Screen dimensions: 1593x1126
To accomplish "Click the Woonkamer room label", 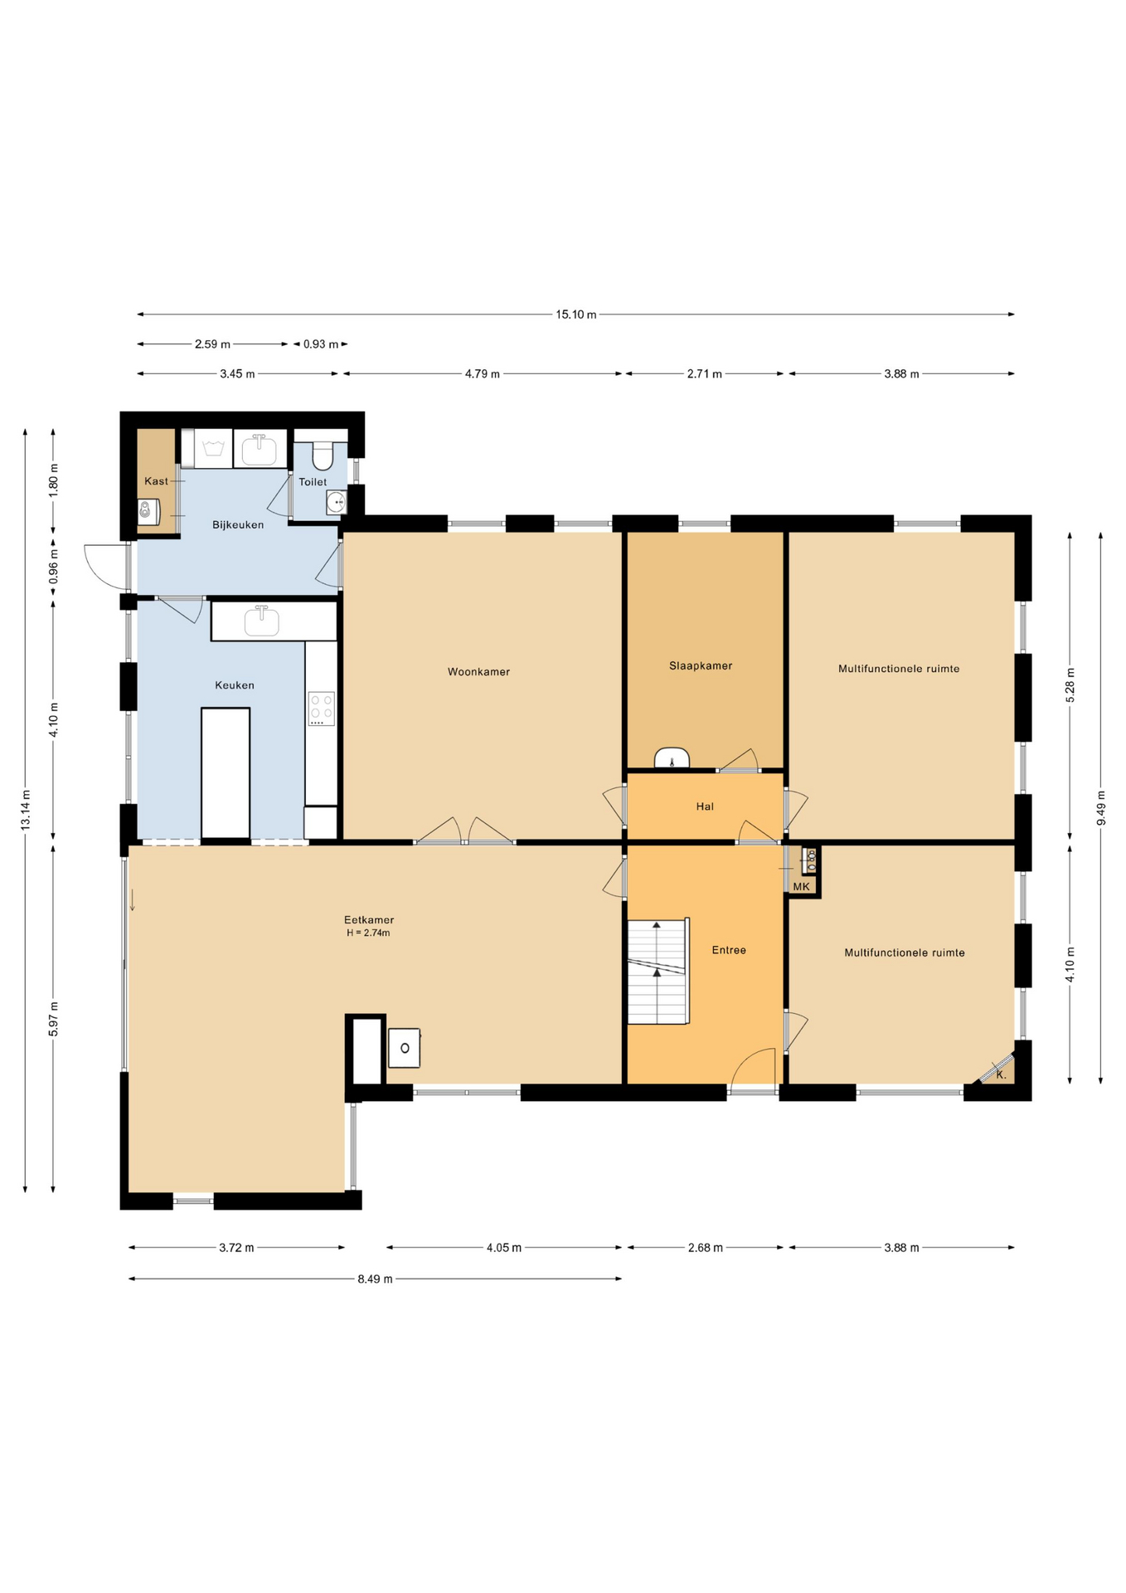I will click(478, 672).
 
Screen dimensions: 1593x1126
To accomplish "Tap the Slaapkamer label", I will click(701, 665).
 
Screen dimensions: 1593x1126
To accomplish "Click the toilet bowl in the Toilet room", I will click(322, 456).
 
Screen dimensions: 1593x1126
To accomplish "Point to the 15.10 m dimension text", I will click(575, 314).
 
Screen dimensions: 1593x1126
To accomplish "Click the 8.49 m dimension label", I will click(375, 1279).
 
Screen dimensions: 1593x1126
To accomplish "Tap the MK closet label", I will click(801, 887).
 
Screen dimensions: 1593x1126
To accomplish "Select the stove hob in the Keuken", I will click(321, 709).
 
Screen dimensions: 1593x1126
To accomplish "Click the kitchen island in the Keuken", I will click(226, 772).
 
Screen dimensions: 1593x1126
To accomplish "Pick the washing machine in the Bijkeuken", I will click(214, 449).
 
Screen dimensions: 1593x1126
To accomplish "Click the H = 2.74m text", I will click(368, 933).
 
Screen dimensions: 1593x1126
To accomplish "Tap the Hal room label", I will click(705, 806).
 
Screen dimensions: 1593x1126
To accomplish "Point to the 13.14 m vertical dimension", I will click(26, 810).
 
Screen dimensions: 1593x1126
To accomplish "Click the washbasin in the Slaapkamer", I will click(672, 758).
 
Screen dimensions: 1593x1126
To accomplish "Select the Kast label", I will click(156, 481).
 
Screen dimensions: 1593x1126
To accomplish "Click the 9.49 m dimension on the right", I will click(1101, 808).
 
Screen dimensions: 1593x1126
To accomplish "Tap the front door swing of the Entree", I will click(752, 1066).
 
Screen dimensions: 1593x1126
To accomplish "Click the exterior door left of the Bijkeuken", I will click(106, 567).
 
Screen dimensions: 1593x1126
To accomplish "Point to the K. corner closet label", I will click(1001, 1074).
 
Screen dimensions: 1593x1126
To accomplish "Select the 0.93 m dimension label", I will click(320, 344).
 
